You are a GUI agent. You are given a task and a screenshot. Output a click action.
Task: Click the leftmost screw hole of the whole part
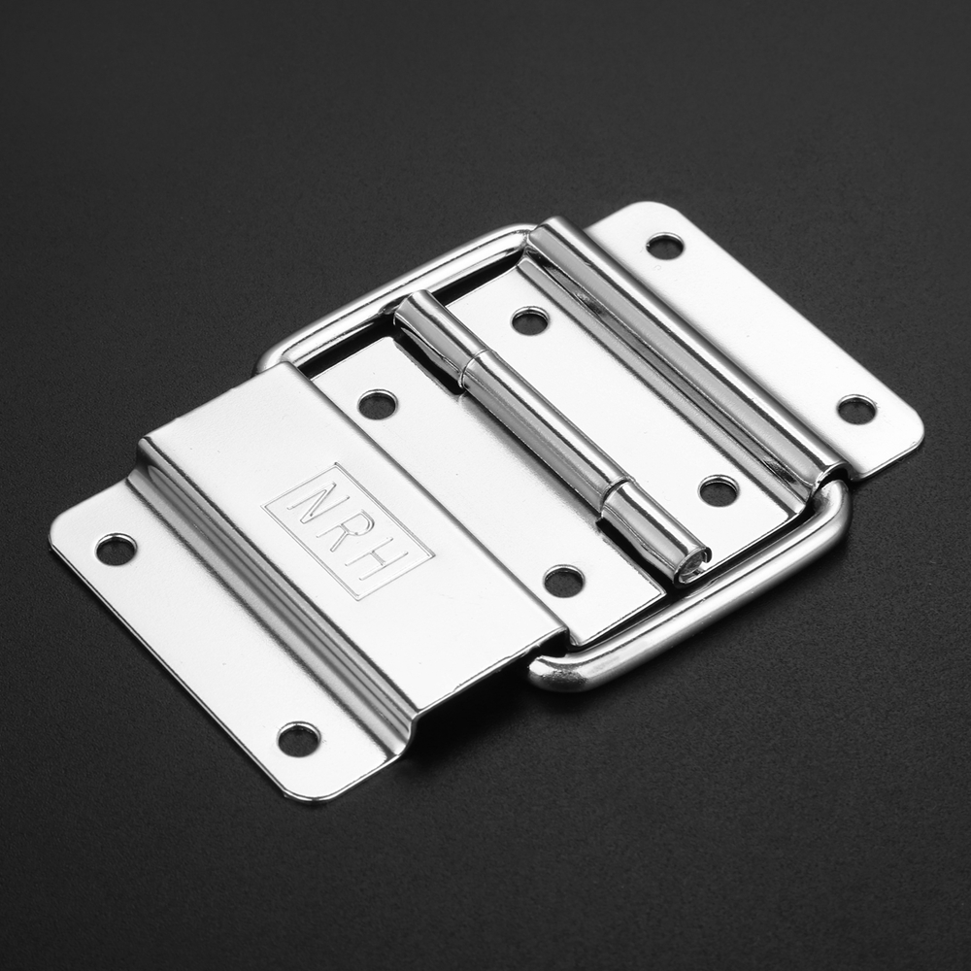(117, 550)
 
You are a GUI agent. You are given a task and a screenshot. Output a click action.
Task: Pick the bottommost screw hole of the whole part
(299, 739)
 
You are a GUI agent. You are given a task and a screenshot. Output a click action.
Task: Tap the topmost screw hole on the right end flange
(665, 246)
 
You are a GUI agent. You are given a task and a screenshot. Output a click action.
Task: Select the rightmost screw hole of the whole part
(857, 410)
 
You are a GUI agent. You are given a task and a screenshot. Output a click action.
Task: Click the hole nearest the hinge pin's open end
(565, 581)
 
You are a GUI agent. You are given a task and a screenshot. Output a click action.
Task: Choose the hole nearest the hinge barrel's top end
(530, 320)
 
